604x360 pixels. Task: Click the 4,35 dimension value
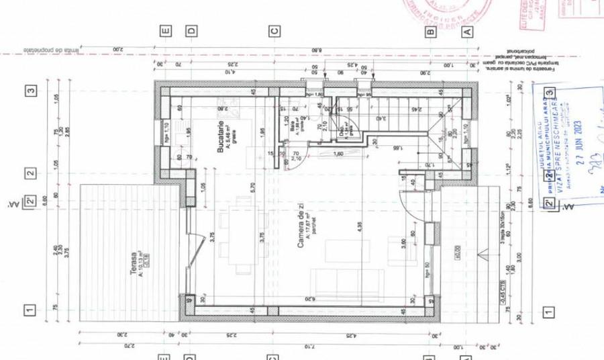coord(359,229)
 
